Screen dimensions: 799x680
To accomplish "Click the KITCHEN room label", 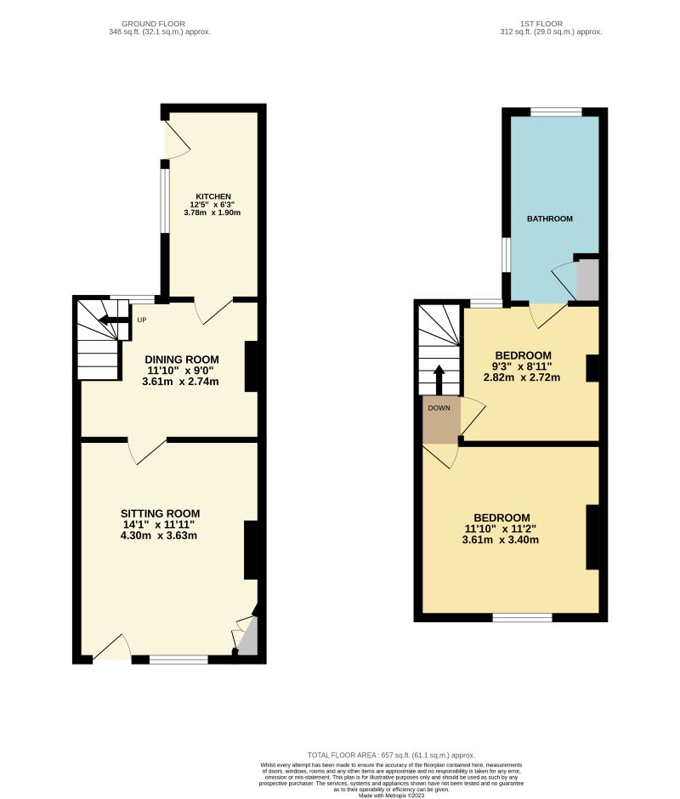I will coord(212,196).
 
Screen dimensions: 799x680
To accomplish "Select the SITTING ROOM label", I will coord(160,513).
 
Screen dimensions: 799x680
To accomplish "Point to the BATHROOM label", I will coord(550,218).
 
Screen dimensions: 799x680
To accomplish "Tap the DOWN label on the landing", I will coord(439,408).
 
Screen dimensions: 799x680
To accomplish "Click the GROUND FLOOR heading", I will coord(153,23).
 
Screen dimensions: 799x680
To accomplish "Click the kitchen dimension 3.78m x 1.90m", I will coord(212,212).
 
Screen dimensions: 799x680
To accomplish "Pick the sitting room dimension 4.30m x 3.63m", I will coord(160,536).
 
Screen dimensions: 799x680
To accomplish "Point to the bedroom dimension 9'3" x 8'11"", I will coord(523,366).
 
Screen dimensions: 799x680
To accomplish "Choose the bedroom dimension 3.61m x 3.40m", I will coord(501,540).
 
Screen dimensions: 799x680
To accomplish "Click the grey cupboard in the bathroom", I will coord(588,280).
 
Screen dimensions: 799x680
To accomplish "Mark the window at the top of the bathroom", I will coord(557,111).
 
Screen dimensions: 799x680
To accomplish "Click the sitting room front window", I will coord(178,660).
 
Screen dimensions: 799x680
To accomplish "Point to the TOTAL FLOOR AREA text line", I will coord(391,755).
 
